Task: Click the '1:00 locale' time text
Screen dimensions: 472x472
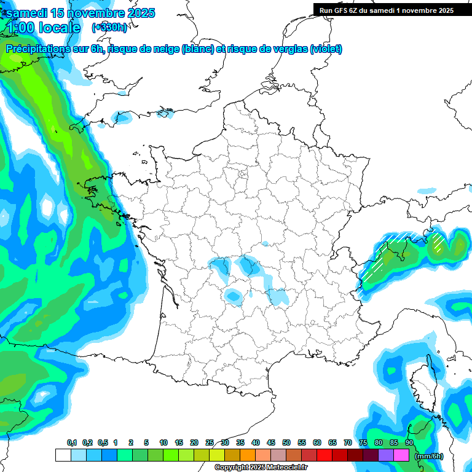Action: click(x=44, y=28)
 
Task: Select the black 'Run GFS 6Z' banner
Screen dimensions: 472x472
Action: click(x=386, y=10)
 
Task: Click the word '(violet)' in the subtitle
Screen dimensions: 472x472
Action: click(x=326, y=49)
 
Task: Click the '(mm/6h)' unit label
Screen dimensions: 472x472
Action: click(x=429, y=455)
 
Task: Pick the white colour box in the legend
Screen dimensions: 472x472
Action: click(x=63, y=455)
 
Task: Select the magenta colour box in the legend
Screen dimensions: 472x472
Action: click(x=401, y=455)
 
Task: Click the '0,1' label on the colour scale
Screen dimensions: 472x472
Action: click(x=72, y=442)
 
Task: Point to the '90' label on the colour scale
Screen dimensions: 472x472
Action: click(x=409, y=442)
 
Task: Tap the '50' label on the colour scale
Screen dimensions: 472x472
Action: click(x=286, y=442)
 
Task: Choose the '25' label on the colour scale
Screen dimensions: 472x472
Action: click(x=210, y=442)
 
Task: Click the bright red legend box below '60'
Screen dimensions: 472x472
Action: click(x=324, y=455)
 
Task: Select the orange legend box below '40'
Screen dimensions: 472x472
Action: click(x=248, y=455)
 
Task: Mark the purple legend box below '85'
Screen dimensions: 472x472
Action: click(x=386, y=455)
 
